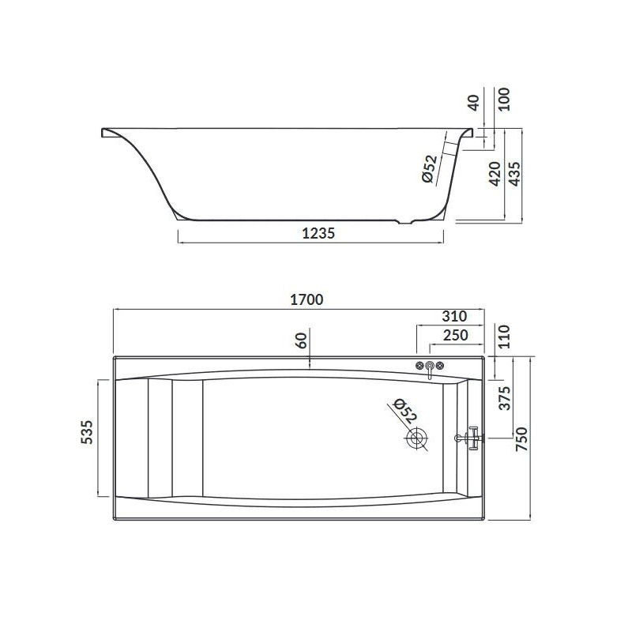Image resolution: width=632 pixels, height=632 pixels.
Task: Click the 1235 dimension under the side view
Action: coord(318,233)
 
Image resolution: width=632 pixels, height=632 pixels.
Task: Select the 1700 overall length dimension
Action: coord(307,299)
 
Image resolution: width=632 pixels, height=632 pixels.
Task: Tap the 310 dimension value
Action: coord(454,316)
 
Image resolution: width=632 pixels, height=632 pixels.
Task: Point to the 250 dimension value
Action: coord(456,335)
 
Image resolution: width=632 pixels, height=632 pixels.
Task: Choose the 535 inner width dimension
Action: coord(87,432)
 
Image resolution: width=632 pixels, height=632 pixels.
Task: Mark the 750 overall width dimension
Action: coord(521,439)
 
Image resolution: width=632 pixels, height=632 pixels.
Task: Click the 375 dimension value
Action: coord(505,398)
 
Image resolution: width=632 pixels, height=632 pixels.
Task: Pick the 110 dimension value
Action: coord(504,337)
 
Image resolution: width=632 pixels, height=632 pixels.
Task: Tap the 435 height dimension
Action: coord(514,174)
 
